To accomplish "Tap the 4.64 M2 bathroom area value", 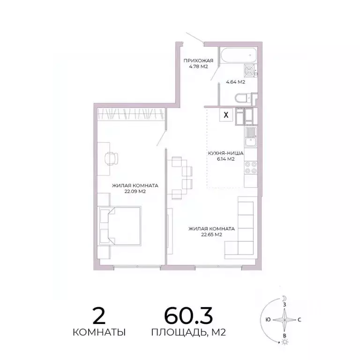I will (x=235, y=82).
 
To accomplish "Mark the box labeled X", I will (x=226, y=115).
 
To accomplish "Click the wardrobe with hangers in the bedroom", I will (x=132, y=114).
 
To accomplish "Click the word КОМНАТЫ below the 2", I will (x=99, y=333).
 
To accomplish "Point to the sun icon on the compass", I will (x=284, y=343).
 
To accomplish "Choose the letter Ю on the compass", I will (x=267, y=320).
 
